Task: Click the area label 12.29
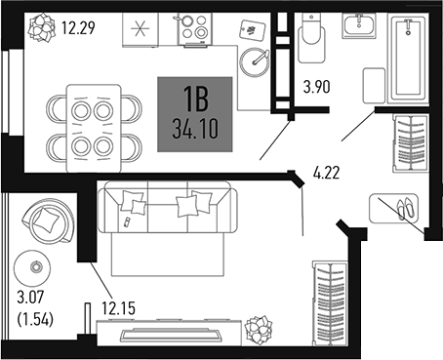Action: coord(79,28)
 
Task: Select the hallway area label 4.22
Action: coord(327,177)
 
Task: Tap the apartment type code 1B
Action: coord(195,98)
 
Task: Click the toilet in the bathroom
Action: coord(311,33)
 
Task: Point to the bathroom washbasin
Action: coord(361,25)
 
